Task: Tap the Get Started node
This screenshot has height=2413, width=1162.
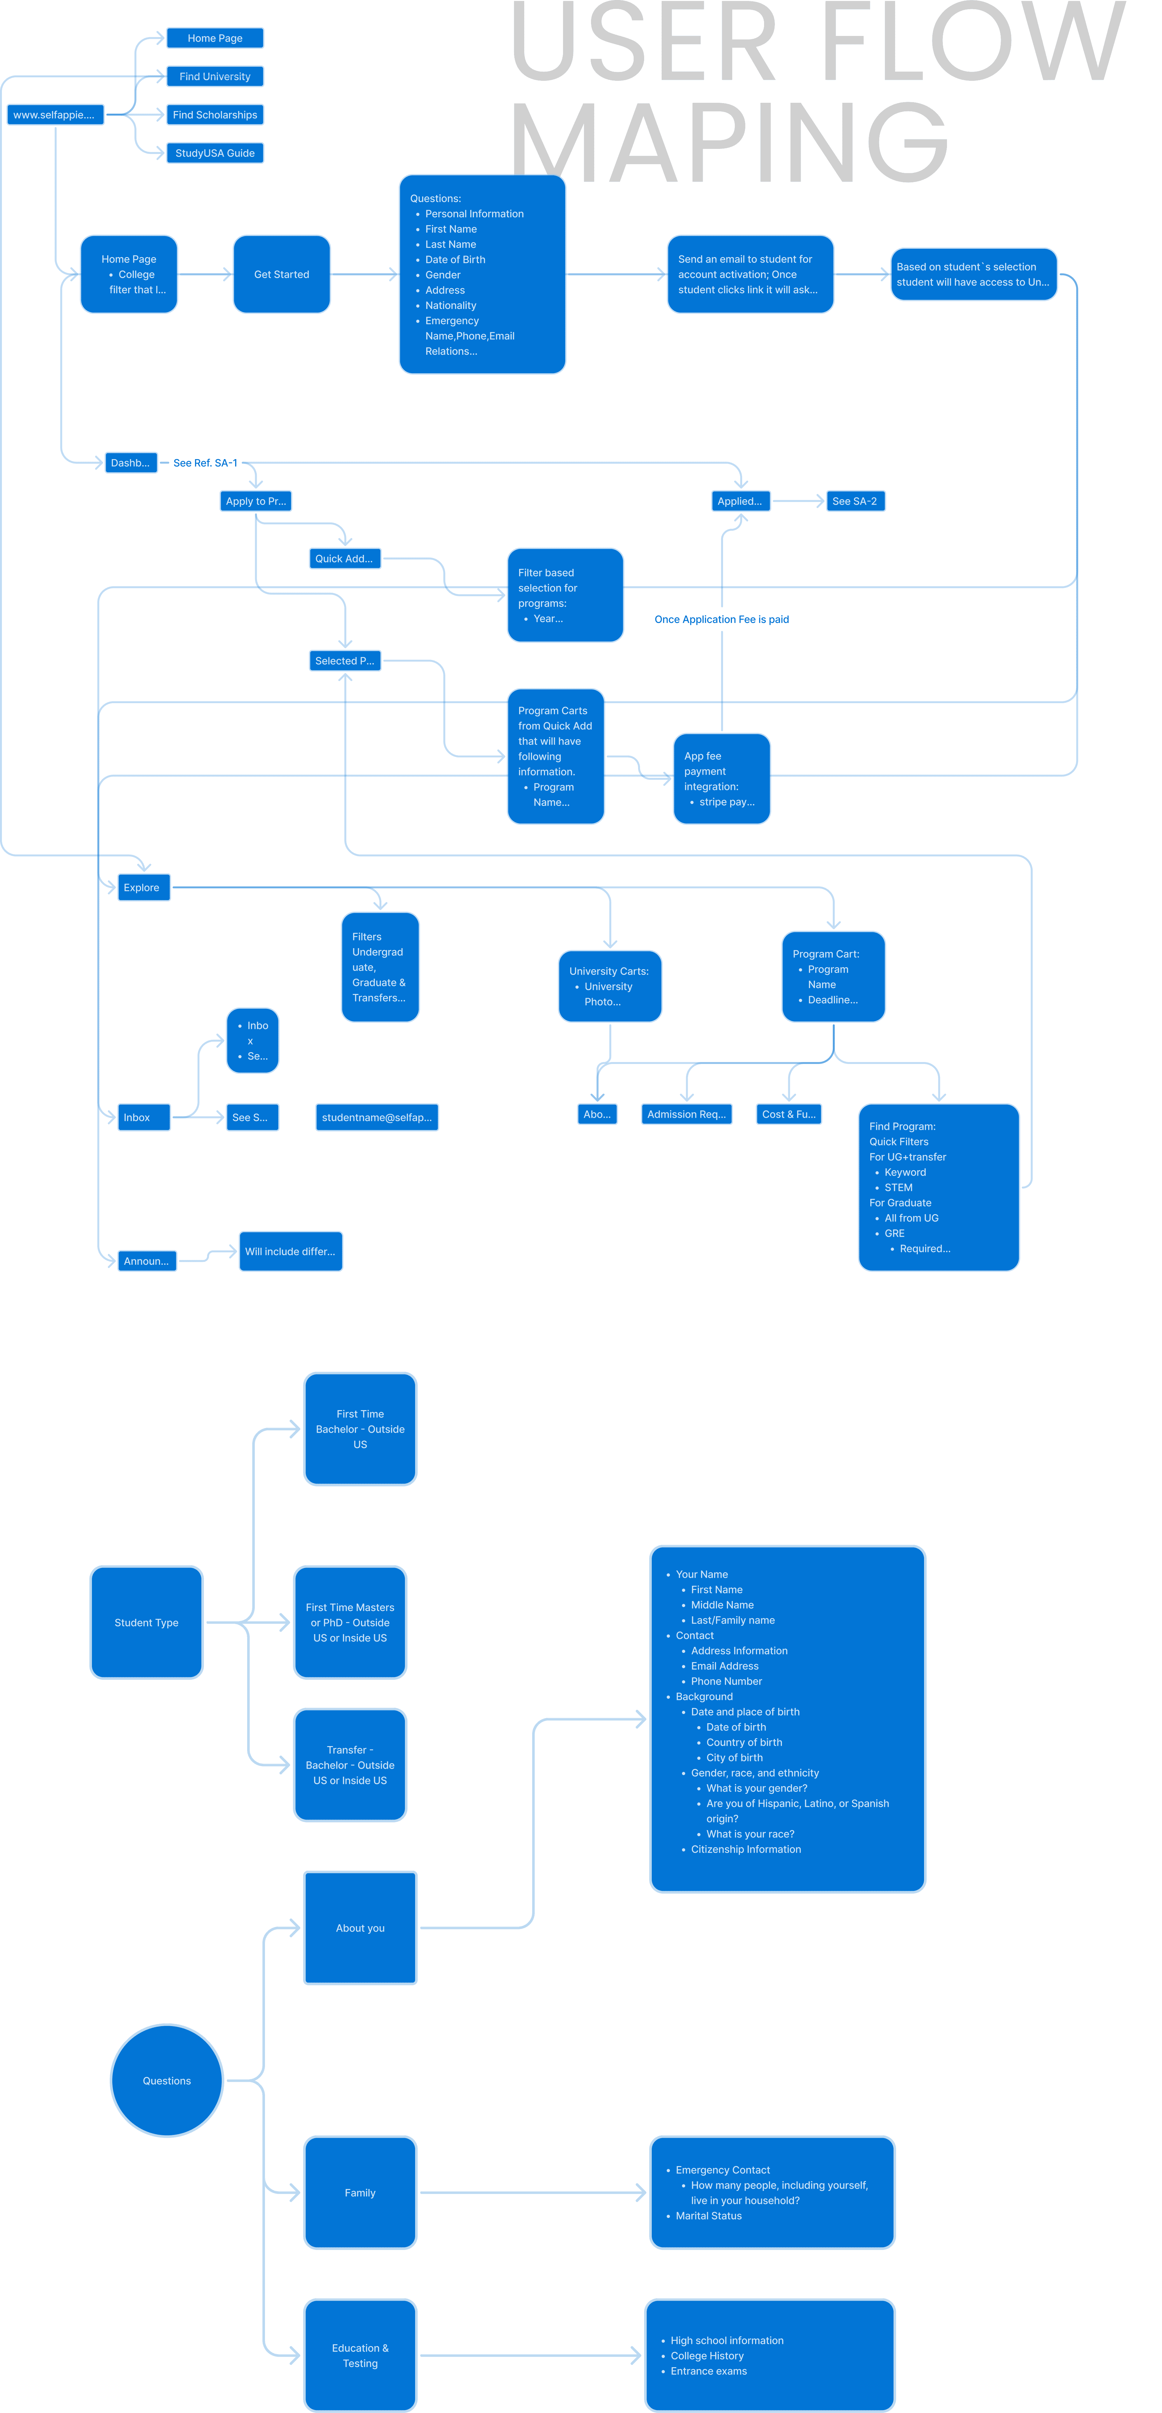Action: (x=281, y=275)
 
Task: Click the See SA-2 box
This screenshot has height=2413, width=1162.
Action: (x=854, y=501)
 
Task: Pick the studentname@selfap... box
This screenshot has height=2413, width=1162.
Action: (x=376, y=1117)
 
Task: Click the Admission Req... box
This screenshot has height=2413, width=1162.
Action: (x=686, y=1114)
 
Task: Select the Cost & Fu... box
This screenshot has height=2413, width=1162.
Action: (x=789, y=1114)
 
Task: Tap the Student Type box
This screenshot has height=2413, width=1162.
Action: (x=146, y=1622)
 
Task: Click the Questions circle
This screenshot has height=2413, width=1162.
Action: (x=167, y=2081)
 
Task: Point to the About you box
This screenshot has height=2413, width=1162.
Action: (x=359, y=1928)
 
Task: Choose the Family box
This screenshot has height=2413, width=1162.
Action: (x=359, y=2193)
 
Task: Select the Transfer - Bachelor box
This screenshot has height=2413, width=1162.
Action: (x=349, y=1765)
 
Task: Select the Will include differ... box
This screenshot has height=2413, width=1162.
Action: (x=290, y=1251)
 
